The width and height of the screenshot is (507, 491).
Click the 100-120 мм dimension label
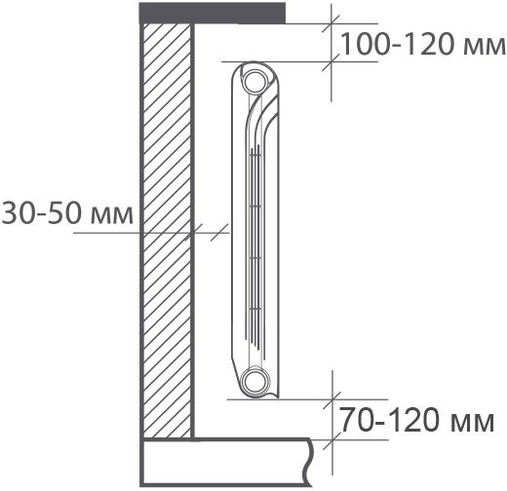pyautogui.click(x=422, y=44)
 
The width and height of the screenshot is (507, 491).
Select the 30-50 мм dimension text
pyautogui.click(x=67, y=212)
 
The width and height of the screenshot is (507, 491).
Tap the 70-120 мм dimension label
pyautogui.click(x=417, y=420)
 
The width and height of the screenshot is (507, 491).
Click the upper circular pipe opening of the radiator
pyautogui.click(x=255, y=81)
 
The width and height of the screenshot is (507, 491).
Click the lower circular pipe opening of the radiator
pyautogui.click(x=255, y=381)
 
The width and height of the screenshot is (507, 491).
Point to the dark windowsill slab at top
pyautogui.click(x=213, y=13)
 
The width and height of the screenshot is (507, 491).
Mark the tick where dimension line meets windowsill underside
pyautogui.click(x=331, y=23)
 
